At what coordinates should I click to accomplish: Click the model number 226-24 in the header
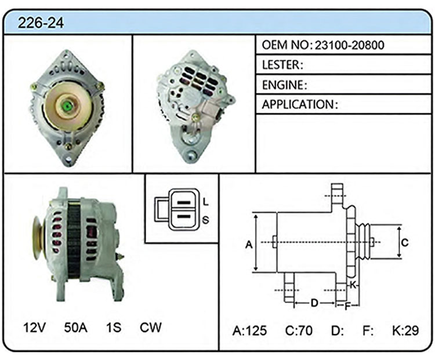(41, 23)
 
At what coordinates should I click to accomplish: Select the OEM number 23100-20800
(349, 45)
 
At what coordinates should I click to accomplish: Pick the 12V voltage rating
(35, 328)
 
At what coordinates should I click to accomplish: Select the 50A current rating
(75, 328)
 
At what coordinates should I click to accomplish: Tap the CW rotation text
(150, 328)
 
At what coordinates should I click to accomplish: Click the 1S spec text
(114, 328)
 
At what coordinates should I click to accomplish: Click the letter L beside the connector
(205, 202)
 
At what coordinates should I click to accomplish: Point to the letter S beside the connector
(205, 220)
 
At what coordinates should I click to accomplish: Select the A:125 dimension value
(249, 330)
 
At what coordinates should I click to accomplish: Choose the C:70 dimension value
(299, 330)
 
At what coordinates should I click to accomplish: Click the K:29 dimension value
(405, 330)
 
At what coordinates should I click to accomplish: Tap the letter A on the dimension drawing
(249, 245)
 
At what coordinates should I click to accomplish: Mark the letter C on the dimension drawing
(405, 243)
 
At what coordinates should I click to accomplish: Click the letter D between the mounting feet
(314, 303)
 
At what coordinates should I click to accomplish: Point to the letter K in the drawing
(353, 285)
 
